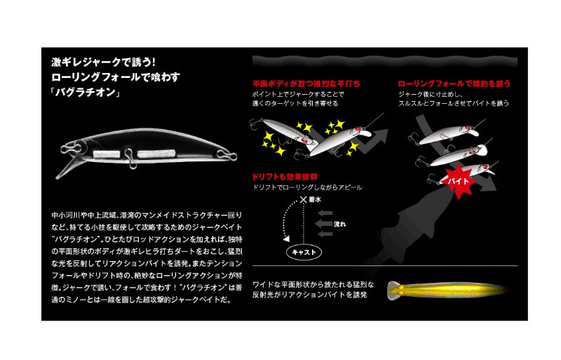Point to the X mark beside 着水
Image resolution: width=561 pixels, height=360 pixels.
pyautogui.click(x=304, y=200)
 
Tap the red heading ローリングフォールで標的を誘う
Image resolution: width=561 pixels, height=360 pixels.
pyautogui.click(x=454, y=84)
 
